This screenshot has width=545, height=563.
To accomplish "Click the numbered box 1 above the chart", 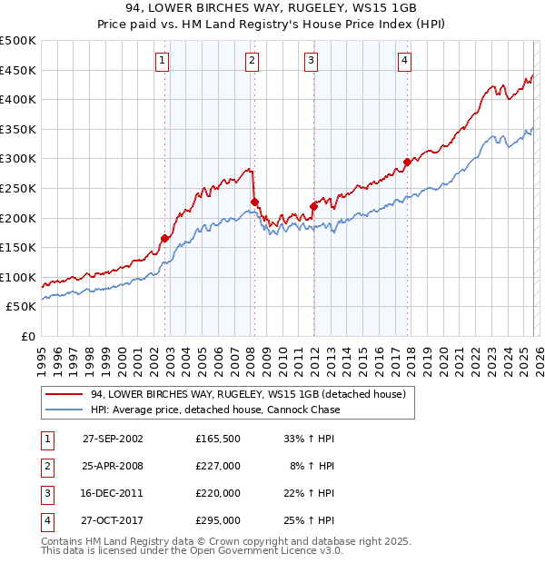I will pyautogui.click(x=162, y=61).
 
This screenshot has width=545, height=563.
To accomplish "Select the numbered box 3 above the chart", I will pyautogui.click(x=311, y=61).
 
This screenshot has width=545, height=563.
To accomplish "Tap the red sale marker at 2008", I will pyautogui.click(x=255, y=202).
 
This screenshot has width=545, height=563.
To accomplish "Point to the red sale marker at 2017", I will pyautogui.click(x=407, y=163).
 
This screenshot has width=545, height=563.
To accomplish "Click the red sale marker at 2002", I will pyautogui.click(x=165, y=238).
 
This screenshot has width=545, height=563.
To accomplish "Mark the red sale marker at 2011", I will pyautogui.click(x=313, y=206).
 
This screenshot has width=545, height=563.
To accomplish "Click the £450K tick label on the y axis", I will pyautogui.click(x=18, y=70).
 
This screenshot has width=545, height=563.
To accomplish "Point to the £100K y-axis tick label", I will pyautogui.click(x=18, y=277).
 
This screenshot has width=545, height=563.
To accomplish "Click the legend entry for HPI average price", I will pyautogui.click(x=215, y=410).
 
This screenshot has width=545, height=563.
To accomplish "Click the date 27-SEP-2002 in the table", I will pyautogui.click(x=113, y=438).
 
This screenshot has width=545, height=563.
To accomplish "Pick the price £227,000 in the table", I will pyautogui.click(x=218, y=466).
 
